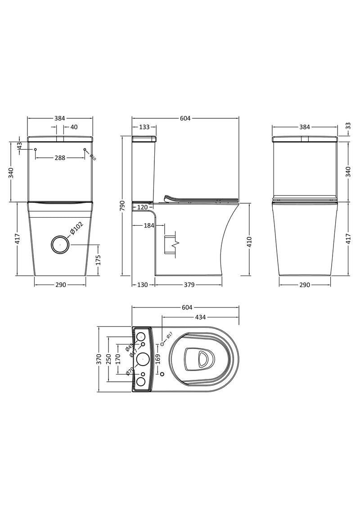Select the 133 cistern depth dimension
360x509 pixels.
point(144,127)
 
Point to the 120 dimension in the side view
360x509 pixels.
point(143,207)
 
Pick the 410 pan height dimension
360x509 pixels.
point(249,241)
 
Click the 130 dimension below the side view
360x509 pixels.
point(143,285)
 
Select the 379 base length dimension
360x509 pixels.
point(189,285)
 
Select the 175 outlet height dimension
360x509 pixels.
point(99,260)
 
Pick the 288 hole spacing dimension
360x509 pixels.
point(60,158)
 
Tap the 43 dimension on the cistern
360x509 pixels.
point(19,146)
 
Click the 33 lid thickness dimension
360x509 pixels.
point(348,127)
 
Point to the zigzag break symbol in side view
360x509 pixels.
point(175,244)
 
